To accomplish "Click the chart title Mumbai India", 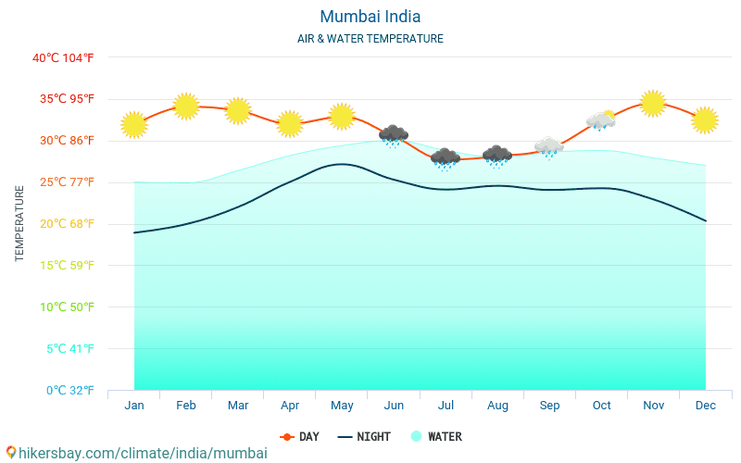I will click(x=370, y=17).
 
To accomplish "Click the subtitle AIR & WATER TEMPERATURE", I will click(x=370, y=39).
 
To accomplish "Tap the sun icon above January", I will click(x=134, y=125).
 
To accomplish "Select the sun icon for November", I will click(x=653, y=103).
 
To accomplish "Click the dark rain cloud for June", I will click(x=394, y=136).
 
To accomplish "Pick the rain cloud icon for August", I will click(x=497, y=156).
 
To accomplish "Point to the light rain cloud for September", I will click(x=549, y=147).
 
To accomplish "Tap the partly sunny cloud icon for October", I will click(x=601, y=121).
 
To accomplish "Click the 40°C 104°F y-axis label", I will click(x=63, y=58).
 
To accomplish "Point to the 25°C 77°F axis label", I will click(x=63, y=182).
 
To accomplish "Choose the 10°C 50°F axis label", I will click(x=63, y=307).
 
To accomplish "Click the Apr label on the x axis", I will click(x=289, y=405).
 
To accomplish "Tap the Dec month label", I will click(x=705, y=405).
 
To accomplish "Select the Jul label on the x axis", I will click(x=446, y=405).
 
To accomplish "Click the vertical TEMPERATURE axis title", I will click(x=19, y=223).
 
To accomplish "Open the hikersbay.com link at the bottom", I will click(x=137, y=453).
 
